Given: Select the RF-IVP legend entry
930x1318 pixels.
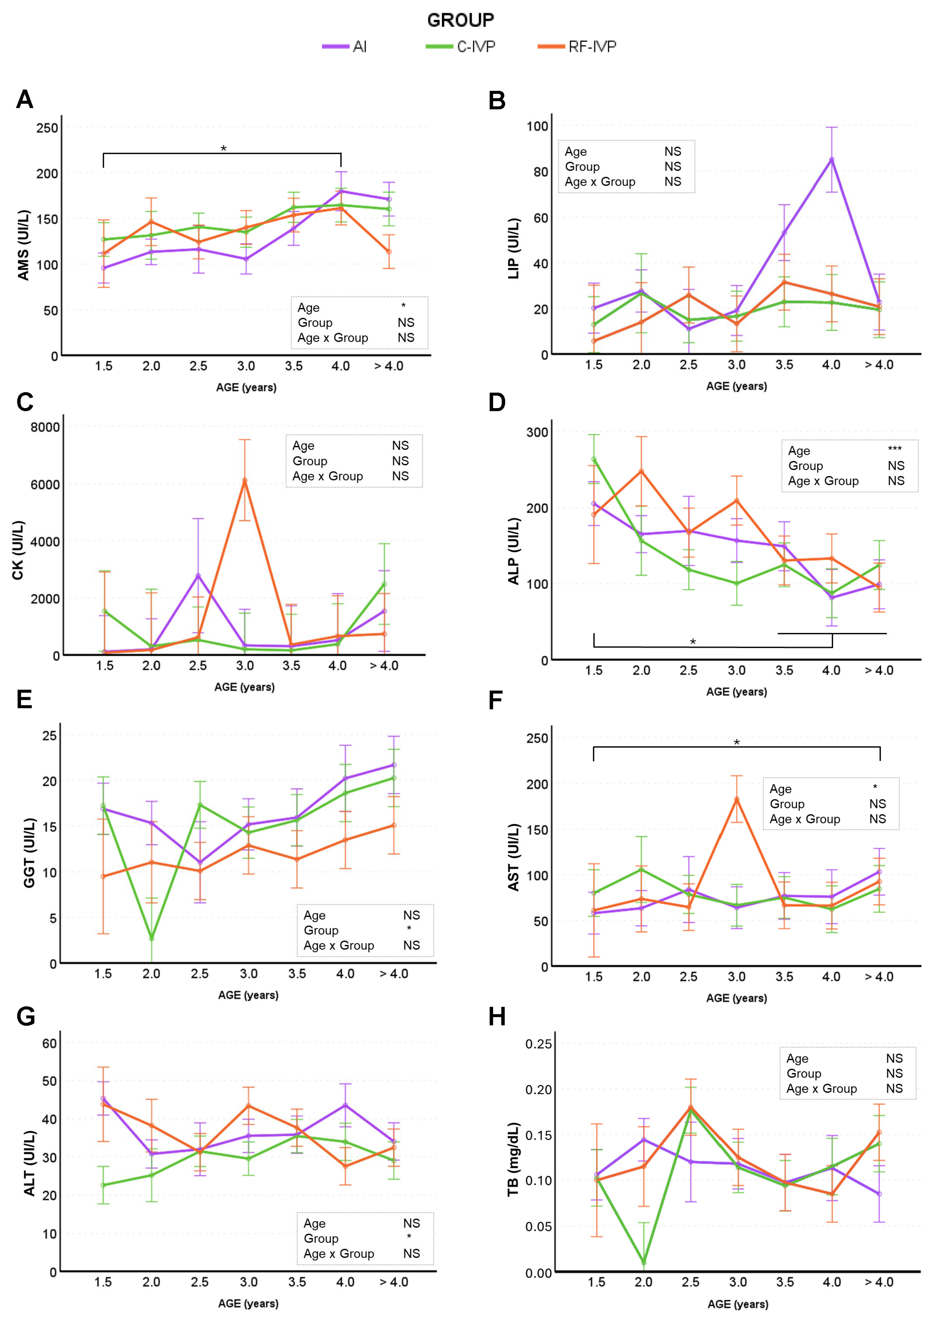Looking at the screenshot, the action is [x=577, y=47].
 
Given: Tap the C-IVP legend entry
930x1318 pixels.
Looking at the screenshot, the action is [x=460, y=47].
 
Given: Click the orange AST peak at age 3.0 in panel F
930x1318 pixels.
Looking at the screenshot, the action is [x=737, y=799].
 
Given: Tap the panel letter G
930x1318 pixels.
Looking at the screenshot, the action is [x=26, y=1017].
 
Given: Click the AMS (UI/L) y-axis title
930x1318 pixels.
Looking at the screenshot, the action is [x=24, y=245].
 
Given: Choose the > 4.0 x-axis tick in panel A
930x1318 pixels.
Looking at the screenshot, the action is [x=389, y=366].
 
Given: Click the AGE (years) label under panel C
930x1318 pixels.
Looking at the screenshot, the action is [x=244, y=687].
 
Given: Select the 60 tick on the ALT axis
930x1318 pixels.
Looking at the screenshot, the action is [x=50, y=1044].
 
